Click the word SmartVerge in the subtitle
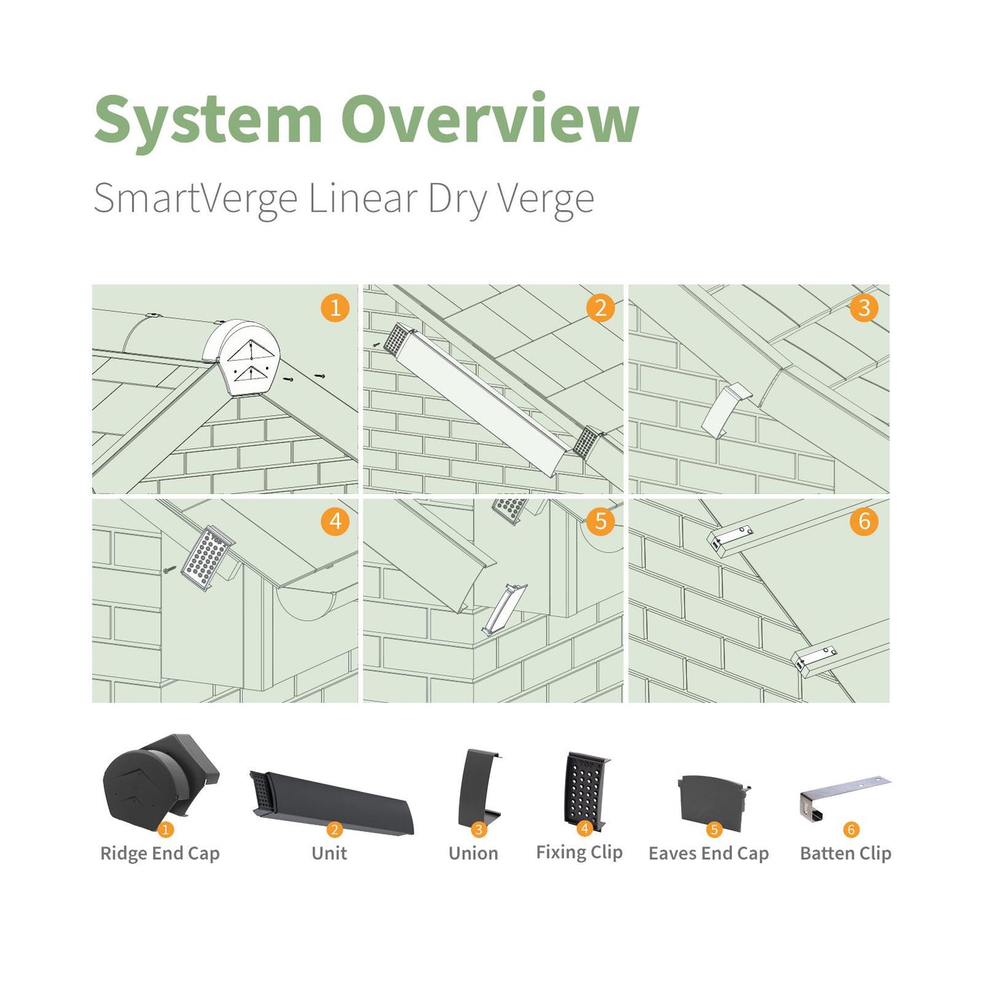tap(195, 199)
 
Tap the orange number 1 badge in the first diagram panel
tap(335, 307)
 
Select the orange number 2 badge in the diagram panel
tap(600, 307)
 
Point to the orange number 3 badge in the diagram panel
tap(864, 307)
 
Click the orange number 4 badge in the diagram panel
tap(335, 522)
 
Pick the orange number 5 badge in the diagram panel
tap(600, 522)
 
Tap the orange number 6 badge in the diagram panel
tap(864, 522)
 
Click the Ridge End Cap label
tap(160, 854)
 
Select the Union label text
tap(473, 854)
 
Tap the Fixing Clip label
tap(579, 852)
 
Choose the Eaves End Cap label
tap(709, 854)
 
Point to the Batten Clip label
tap(846, 854)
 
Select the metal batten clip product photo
tap(844, 796)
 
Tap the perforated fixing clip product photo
tap(585, 789)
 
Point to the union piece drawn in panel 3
tap(725, 412)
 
